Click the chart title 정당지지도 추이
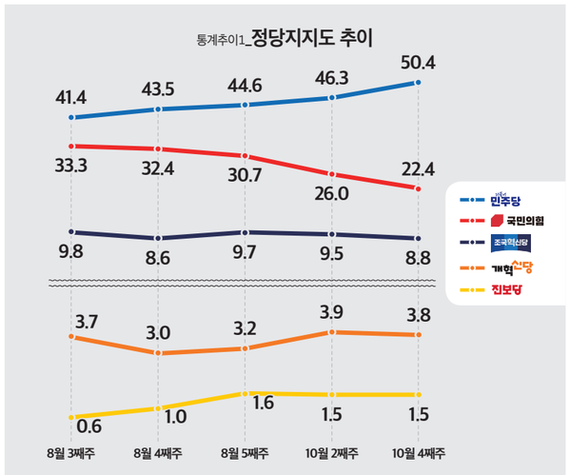[311, 41]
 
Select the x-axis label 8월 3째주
[71, 450]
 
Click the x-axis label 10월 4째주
[420, 450]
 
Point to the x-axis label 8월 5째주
[246, 450]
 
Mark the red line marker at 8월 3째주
[71, 146]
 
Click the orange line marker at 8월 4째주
[159, 353]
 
